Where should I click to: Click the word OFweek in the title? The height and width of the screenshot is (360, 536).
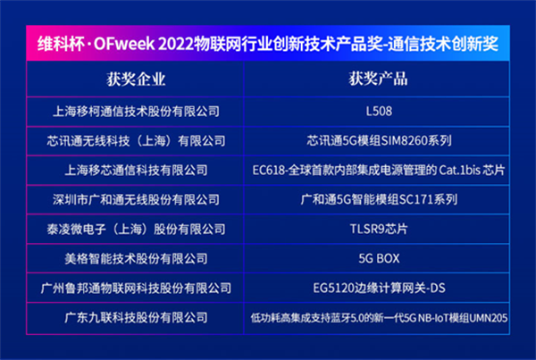[x=124, y=44]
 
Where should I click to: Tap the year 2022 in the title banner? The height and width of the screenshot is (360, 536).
[x=176, y=44]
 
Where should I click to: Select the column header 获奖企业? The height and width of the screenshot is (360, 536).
[x=136, y=80]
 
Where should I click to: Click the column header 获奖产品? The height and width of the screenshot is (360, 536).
[x=378, y=79]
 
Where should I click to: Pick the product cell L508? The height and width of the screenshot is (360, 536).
[x=379, y=112]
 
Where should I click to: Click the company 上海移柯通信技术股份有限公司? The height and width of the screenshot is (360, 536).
[x=136, y=112]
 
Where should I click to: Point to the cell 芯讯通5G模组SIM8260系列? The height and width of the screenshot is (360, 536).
[x=379, y=141]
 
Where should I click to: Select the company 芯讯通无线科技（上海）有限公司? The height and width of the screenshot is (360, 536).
[x=136, y=141]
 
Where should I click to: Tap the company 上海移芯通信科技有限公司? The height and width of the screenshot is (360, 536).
[x=136, y=171]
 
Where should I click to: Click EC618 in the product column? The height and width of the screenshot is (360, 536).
[x=268, y=171]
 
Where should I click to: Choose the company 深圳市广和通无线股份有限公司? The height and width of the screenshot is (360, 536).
[x=136, y=200]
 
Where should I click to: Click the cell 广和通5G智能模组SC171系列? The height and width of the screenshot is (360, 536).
[x=379, y=200]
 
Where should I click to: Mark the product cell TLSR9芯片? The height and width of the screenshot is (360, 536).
[x=379, y=229]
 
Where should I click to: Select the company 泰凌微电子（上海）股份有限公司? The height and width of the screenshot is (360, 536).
[x=136, y=229]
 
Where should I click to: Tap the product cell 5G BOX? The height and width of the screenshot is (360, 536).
[x=379, y=258]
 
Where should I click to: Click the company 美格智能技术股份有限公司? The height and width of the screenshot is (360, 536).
[x=136, y=258]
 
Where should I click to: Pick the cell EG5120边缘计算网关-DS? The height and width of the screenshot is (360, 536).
[x=379, y=289]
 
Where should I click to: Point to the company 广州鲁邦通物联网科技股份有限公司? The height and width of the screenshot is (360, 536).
[x=136, y=289]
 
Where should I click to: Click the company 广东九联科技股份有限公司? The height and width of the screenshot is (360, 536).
[x=136, y=318]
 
